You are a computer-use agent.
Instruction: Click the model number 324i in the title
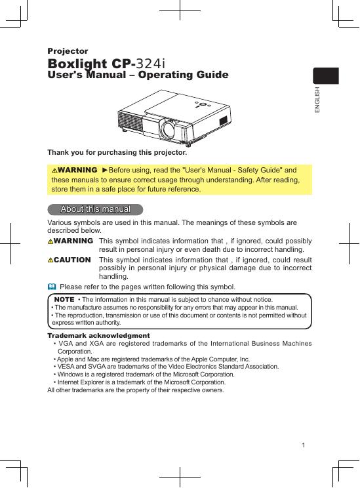(x=151, y=64)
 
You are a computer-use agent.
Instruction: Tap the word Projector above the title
(x=68, y=51)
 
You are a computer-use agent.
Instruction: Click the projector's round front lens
(x=169, y=129)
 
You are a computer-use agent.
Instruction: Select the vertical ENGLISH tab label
(x=317, y=100)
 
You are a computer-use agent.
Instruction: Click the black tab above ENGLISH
(x=326, y=75)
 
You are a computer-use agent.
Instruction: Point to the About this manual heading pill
(x=95, y=209)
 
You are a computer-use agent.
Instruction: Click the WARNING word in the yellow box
(x=77, y=171)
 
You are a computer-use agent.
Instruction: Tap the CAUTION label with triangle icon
(x=69, y=260)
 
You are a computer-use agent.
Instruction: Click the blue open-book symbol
(x=52, y=287)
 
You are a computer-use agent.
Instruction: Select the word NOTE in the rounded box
(x=64, y=299)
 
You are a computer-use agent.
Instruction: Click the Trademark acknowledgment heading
(x=98, y=336)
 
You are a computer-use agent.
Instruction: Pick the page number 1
(x=304, y=445)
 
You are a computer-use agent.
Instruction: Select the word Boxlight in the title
(x=77, y=64)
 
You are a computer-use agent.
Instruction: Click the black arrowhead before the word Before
(x=105, y=171)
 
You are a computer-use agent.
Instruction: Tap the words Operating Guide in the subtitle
(x=183, y=75)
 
